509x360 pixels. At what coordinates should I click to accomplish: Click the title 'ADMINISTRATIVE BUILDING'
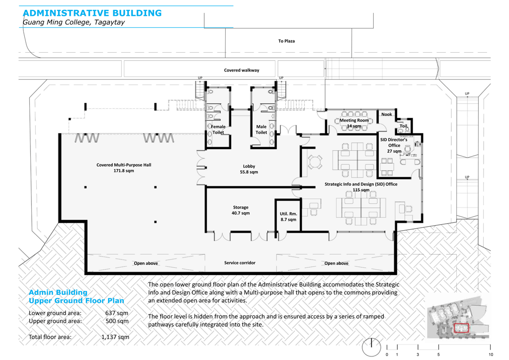pyautogui.click(x=92, y=13)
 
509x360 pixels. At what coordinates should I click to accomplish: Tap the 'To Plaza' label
pyautogui.click(x=286, y=41)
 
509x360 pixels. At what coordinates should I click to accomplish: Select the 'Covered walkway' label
pyautogui.click(x=242, y=70)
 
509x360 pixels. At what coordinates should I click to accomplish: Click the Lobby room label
pyautogui.click(x=249, y=169)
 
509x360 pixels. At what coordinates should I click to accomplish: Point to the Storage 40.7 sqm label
pyautogui.click(x=241, y=210)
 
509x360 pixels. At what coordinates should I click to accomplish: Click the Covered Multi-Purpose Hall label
pyautogui.click(x=124, y=168)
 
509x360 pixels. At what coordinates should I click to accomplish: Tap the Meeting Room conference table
pyautogui.click(x=354, y=121)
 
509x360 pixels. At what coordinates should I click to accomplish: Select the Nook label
pyautogui.click(x=386, y=114)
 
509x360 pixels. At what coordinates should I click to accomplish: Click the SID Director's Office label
pyautogui.click(x=394, y=145)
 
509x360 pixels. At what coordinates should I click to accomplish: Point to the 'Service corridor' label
pyautogui.click(x=240, y=263)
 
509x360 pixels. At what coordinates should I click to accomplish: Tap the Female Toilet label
pyautogui.click(x=218, y=129)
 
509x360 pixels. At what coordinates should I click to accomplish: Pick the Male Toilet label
pyautogui.click(x=261, y=129)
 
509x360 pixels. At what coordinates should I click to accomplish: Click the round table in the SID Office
pyautogui.click(x=315, y=161)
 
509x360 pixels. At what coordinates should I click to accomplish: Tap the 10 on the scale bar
pyautogui.click(x=491, y=355)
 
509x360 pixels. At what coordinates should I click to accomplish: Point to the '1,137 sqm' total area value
pyautogui.click(x=115, y=337)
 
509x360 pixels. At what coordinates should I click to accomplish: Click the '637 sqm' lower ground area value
pyautogui.click(x=116, y=313)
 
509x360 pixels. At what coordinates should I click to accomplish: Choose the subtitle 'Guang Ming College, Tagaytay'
pyautogui.click(x=74, y=22)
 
